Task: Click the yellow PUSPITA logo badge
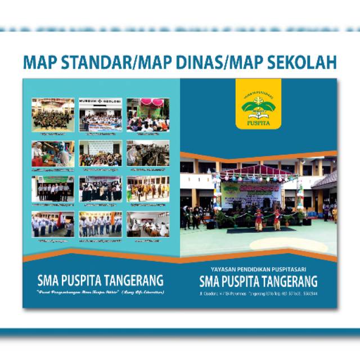coord(258,103)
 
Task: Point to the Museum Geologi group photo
coord(100,115)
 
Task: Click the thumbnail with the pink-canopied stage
coord(148,115)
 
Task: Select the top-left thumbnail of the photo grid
coord(52,115)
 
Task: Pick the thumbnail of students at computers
coord(148,153)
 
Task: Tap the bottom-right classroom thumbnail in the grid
coord(148,224)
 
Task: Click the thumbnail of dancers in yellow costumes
coord(148,189)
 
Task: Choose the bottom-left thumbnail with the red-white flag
coord(52,224)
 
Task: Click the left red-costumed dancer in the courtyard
coord(259,219)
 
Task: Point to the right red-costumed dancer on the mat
coord(277,219)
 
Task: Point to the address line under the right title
coord(258,293)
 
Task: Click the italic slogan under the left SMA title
coord(100,292)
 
